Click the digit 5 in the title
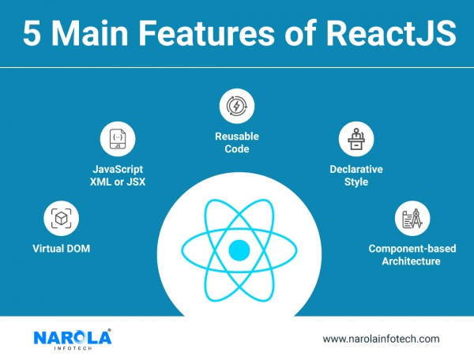(x=32, y=33)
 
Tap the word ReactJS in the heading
(x=390, y=33)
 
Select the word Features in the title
(x=207, y=33)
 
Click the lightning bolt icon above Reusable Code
(x=237, y=106)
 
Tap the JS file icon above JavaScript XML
(x=118, y=139)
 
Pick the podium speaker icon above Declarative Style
(x=356, y=139)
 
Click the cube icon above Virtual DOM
(x=62, y=218)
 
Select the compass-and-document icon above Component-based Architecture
(x=412, y=218)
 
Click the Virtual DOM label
(x=61, y=249)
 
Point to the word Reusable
(x=237, y=137)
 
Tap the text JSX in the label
(x=136, y=182)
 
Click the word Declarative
(x=356, y=169)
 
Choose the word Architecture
(x=411, y=261)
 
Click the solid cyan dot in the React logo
(x=239, y=250)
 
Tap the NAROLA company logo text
(x=73, y=337)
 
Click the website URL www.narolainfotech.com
(x=381, y=339)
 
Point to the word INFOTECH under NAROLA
(x=73, y=348)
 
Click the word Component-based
(x=412, y=249)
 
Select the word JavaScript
(x=118, y=169)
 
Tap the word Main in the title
(x=90, y=33)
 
